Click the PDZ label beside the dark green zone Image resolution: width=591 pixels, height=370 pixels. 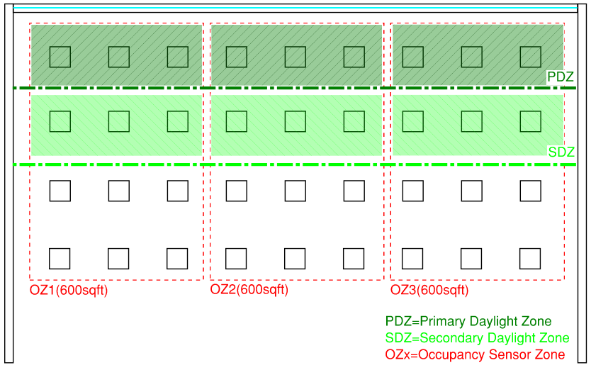[x=560, y=77]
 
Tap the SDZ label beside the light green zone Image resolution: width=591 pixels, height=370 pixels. [x=561, y=152]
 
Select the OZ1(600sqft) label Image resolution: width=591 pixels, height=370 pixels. [x=69, y=290]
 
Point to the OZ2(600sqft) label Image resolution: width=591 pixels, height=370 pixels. [x=249, y=290]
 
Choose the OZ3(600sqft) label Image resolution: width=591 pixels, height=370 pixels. [x=429, y=290]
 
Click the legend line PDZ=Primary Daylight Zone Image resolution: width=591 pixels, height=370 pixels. [x=468, y=321]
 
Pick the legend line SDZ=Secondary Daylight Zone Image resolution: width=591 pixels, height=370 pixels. [x=477, y=338]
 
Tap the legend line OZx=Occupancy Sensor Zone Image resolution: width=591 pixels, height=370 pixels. [x=475, y=354]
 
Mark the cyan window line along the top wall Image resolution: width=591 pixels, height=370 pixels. [x=295, y=8]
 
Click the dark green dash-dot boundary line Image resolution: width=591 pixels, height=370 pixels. [x=295, y=88]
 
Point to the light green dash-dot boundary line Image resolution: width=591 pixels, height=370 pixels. [x=295, y=164]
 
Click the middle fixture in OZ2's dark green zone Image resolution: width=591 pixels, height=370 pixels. [x=295, y=57]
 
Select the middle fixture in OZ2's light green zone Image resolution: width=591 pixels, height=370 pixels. [x=295, y=121]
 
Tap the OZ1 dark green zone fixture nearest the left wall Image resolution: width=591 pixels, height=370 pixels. [x=60, y=57]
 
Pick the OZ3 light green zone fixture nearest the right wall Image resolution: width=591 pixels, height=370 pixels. [x=530, y=121]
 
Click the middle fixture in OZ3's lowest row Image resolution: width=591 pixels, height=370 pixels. [x=471, y=259]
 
